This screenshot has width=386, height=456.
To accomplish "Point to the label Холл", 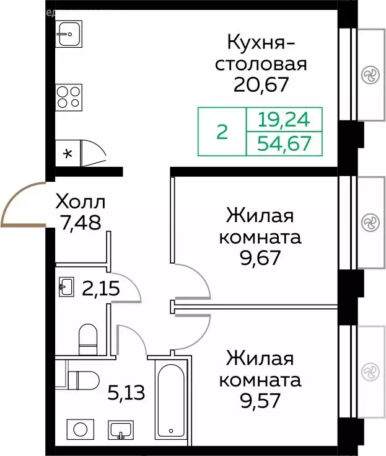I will [81, 202].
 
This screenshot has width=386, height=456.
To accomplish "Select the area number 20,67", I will [261, 84].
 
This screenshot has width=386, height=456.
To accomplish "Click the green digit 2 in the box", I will [222, 132].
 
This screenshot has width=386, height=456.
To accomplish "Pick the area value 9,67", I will [263, 257].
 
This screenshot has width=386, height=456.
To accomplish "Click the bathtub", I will [169, 401].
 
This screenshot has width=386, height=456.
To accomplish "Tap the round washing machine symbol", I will [79, 429].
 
